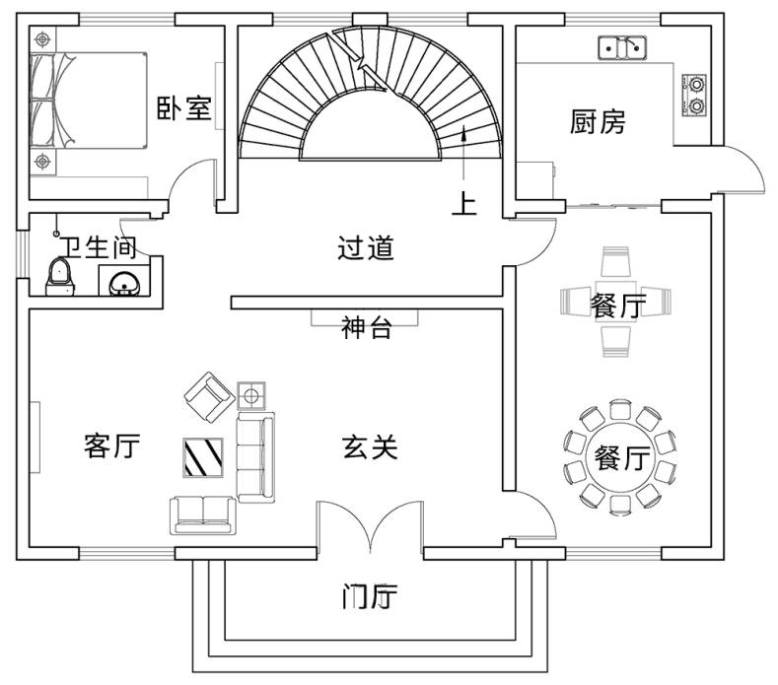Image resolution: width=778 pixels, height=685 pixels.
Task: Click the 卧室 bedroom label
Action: coord(184,107)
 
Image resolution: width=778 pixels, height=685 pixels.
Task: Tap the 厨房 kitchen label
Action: coord(598,122)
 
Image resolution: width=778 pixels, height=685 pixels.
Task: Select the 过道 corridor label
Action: coord(366,248)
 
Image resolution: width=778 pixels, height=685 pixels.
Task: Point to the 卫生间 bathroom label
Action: coord(96,246)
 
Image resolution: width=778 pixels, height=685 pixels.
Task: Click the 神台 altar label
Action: coord(366,328)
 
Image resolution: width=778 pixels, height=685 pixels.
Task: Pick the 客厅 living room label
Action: coord(111,446)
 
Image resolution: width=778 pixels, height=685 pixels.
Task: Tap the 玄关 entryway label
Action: coord(370,447)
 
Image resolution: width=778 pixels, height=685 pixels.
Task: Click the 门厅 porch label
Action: coord(370,596)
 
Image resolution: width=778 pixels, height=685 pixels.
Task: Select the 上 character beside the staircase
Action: coord(463,204)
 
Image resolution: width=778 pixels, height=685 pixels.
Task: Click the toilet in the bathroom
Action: coord(61,276)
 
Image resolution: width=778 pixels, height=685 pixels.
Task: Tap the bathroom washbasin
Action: coord(125,283)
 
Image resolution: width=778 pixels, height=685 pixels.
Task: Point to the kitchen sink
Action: coord(622,46)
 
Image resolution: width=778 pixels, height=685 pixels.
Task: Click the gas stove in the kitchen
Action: coord(696,93)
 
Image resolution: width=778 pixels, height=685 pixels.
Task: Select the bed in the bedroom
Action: coord(87,100)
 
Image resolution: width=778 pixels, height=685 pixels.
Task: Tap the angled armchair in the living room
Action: coord(208,394)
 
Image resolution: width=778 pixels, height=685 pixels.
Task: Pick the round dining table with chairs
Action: coord(619,456)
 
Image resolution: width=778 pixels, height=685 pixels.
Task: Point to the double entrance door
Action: coord(369,531)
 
